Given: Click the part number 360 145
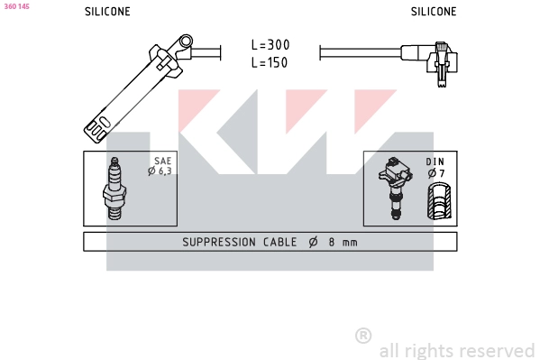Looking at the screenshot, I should coord(17,5).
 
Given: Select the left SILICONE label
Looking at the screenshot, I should coord(107,12).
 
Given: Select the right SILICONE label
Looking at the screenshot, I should coord(434,12).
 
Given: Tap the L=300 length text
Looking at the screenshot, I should coord(270,44).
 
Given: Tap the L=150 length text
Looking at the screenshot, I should coord(270,63).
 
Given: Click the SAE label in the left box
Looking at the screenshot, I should coord(162,161).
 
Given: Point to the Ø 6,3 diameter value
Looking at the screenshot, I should coord(160,171).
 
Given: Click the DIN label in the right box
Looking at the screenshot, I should coord(435,162).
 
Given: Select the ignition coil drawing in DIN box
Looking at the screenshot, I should coord(396,187).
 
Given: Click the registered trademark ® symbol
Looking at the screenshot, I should coord(363,336).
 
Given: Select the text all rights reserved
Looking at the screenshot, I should coord(456,350).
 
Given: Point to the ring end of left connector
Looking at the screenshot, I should coord(185,42).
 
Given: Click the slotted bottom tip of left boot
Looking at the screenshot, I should coord(97,125).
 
